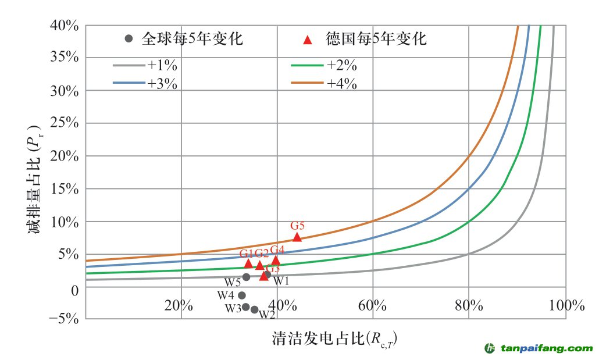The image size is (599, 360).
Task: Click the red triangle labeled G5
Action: tap(297, 237)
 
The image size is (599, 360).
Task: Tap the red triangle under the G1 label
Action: tap(248, 263)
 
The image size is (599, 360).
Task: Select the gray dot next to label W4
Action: tap(242, 295)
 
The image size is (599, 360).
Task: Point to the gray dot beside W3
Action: tap(246, 307)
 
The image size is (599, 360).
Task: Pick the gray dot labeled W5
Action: tap(246, 277)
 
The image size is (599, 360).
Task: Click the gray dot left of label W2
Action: tap(254, 309)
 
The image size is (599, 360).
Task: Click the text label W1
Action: tap(281, 281)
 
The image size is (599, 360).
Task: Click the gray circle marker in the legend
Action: tap(129, 39)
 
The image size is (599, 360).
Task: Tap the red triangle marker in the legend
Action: tap(308, 40)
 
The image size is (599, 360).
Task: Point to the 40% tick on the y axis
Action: tap(65, 26)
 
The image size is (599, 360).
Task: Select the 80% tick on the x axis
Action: tap(469, 305)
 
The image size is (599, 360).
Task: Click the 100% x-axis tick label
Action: tap(565, 305)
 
